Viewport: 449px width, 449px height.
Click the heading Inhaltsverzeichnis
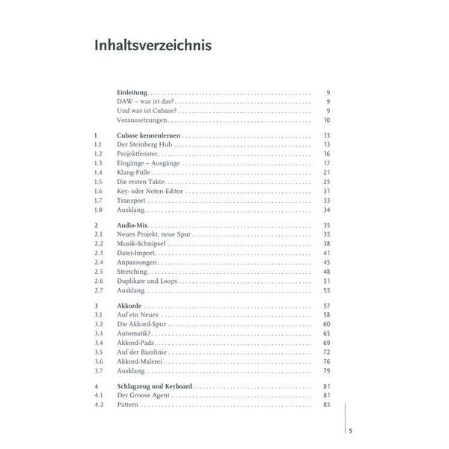pos(153,46)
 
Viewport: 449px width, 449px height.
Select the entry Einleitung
pos(132,91)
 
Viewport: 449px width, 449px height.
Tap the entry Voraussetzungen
pos(142,120)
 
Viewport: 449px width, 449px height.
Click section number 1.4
pos(98,172)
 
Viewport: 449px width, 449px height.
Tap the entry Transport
pos(131,201)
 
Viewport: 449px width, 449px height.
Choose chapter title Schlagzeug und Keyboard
pos(155,386)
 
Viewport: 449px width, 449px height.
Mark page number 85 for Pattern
pos(326,405)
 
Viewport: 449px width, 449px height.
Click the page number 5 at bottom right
pos(350,430)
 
